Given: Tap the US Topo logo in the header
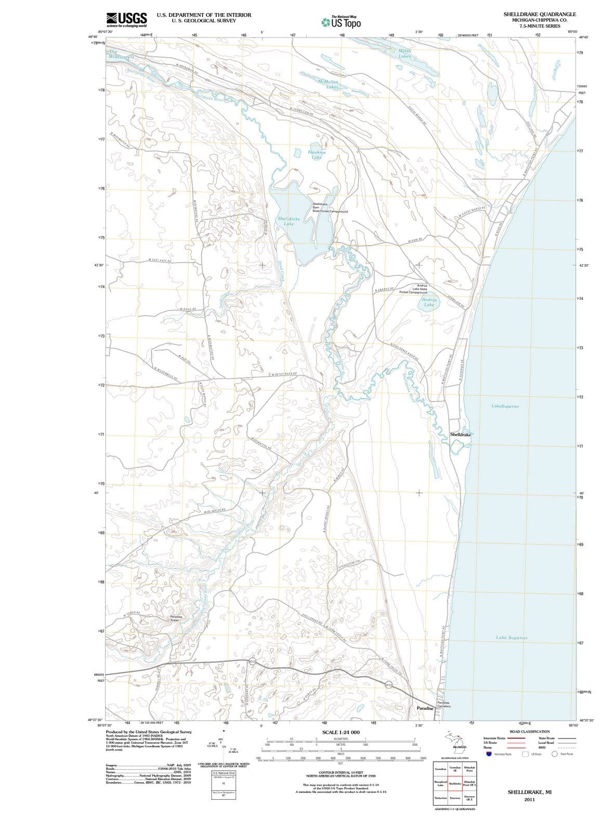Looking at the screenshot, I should coord(342,22).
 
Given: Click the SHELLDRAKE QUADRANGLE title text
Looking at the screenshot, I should coord(539,14).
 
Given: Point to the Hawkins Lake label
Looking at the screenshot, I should coord(317,154).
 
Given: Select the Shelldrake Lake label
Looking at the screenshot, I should coord(289,221).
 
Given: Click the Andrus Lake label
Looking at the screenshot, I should coord(429,302).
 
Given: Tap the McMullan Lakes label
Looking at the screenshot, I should coord(328,84).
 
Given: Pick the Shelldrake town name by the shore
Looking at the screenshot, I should coord(460,434).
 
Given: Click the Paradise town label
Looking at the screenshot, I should coord(425,708).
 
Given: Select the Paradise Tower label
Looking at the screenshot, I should coord(175,618).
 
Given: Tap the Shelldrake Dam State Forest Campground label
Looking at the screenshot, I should coord(329,207).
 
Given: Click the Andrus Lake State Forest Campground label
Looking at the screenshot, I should coord(414,289).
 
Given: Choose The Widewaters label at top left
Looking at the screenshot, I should coord(121,54).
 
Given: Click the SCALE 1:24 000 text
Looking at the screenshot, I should coord(341,732).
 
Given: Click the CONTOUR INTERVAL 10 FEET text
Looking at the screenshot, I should coord(341,773).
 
